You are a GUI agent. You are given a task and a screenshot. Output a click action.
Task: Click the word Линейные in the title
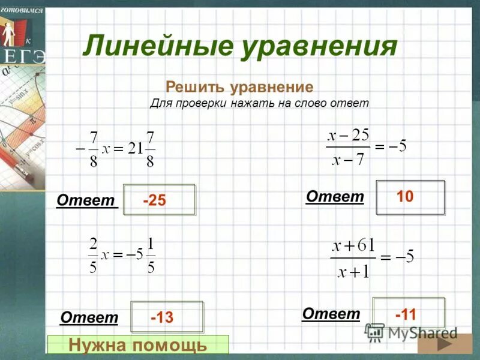tap(158, 47)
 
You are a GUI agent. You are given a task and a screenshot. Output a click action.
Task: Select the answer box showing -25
tap(160, 200)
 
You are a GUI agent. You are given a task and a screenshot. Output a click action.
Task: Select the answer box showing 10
tap(410, 197)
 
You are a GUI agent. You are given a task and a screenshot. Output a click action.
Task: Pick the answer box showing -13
tap(167, 317)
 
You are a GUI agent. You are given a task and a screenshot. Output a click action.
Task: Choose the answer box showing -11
tap(409, 313)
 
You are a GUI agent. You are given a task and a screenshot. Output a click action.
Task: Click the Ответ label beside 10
tap(335, 196)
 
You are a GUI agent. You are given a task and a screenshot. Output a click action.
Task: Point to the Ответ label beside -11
tap(331, 313)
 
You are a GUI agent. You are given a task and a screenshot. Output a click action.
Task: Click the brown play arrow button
tap(445, 346)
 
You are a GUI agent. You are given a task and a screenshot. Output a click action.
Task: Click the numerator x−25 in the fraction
tap(349, 135)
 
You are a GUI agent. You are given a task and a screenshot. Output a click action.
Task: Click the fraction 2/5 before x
tap(93, 254)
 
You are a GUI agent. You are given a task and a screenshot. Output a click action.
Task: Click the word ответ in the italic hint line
tap(349, 103)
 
